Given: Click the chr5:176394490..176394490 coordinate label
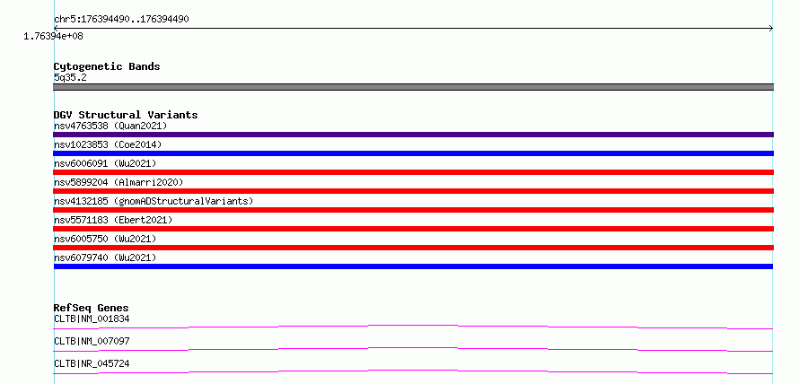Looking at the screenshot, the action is pos(121,20).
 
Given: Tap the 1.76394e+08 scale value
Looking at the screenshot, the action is pos(53,36).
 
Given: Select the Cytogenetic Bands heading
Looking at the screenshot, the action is pos(107,66).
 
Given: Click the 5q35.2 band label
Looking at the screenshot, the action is pos(70,77).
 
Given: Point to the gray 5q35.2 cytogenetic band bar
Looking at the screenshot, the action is pos(413,87).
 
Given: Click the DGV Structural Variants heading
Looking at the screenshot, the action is pos(126,115).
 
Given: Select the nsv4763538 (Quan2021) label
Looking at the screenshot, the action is pos(110,126).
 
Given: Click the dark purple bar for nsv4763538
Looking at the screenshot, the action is pos(413,135).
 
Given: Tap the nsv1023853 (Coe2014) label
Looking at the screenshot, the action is pos(108,144).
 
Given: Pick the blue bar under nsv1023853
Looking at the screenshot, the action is pos(413,153).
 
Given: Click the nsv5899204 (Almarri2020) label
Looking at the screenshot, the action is pos(119,182).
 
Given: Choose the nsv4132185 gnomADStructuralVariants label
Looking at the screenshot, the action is pos(154,201).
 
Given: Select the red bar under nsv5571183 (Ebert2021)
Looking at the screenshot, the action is pos(413,229).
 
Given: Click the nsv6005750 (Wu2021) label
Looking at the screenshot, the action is pos(105,239).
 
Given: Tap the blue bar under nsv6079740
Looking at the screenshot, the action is pos(413,266).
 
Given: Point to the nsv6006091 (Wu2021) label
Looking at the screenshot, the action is pos(105,163).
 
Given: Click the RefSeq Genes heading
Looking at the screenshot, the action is pos(92,308).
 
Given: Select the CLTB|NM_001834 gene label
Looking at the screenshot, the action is pos(92,319).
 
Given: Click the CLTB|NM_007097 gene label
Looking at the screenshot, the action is pos(92,341).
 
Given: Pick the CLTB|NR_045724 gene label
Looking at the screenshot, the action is pos(92,363).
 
